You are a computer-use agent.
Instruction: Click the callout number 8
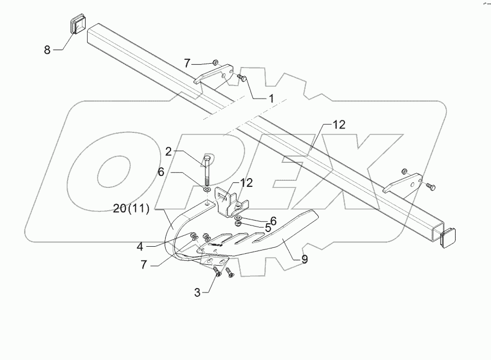[47, 50]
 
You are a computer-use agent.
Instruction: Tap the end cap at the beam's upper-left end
[78, 26]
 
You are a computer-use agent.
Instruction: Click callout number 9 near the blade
[304, 260]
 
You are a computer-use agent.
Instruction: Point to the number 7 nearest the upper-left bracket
[187, 64]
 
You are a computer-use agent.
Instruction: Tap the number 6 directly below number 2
[161, 171]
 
